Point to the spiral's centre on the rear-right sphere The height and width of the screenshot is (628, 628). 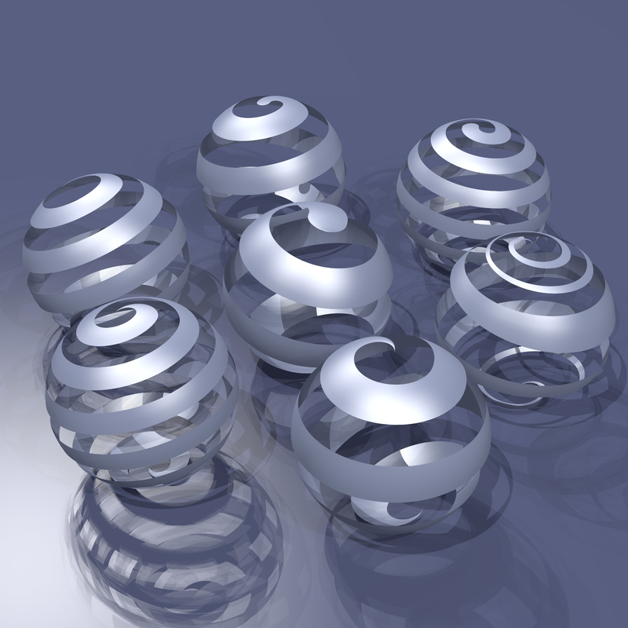click(x=476, y=130)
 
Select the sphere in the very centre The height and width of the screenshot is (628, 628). click(x=308, y=287)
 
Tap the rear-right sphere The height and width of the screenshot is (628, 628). click(x=473, y=188)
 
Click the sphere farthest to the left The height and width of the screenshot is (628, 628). click(x=106, y=243)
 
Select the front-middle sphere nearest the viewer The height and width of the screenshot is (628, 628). click(x=390, y=432)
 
